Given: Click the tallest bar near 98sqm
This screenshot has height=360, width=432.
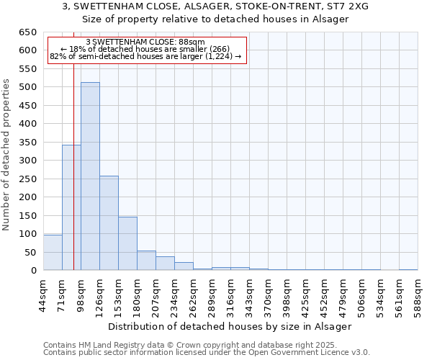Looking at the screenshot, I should tap(90, 176).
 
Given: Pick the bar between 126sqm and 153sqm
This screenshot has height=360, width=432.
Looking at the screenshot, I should tap(109, 223).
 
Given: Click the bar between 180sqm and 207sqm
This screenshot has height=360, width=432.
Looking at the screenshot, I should tap(146, 261).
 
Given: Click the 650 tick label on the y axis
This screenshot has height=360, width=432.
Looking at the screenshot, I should tap(27, 32).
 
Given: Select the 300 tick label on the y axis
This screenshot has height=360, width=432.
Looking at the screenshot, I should tap(27, 161).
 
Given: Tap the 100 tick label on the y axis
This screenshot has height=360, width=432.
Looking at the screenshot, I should tap(27, 234).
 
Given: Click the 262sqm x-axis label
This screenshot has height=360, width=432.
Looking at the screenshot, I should tap(194, 291).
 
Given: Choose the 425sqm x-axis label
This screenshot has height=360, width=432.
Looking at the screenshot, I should tap(306, 291).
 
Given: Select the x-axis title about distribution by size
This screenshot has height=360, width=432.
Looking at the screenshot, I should tap(230, 326).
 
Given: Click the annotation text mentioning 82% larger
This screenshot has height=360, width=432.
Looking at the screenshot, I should tap(145, 57).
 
